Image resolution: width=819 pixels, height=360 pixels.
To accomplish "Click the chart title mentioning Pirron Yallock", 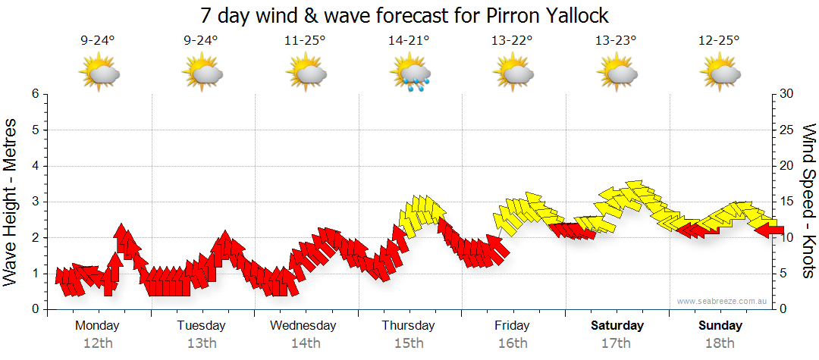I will tap(405, 15).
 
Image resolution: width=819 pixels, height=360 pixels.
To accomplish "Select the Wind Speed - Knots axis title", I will tap(808, 201).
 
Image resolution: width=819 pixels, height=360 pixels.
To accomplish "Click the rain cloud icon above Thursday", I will tap(409, 74).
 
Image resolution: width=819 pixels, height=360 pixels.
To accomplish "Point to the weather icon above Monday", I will tap(99, 74).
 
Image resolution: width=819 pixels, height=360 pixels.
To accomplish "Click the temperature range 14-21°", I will tap(409, 41).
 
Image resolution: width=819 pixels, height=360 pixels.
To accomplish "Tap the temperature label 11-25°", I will tap(306, 41).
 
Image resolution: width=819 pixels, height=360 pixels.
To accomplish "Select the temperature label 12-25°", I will tap(720, 41).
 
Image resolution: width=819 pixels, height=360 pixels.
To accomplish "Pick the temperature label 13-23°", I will tap(616, 41).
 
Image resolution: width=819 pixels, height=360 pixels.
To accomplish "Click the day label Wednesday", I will tap(303, 326).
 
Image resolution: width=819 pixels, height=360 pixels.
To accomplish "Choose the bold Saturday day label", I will tap(617, 326).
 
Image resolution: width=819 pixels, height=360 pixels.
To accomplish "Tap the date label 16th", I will tap(513, 343).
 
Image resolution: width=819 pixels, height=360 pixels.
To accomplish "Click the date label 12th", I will tap(98, 343).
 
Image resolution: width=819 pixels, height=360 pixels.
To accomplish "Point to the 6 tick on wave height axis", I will tap(35, 94).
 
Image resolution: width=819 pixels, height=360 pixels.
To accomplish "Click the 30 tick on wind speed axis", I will tap(787, 94).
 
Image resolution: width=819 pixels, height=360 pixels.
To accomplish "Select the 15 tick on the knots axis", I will tap(787, 202).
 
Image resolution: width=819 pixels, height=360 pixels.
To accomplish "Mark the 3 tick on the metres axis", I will tap(35, 202).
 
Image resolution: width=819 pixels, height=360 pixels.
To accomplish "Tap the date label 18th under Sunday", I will tap(720, 343).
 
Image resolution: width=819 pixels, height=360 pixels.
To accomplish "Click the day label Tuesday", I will tap(201, 326).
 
